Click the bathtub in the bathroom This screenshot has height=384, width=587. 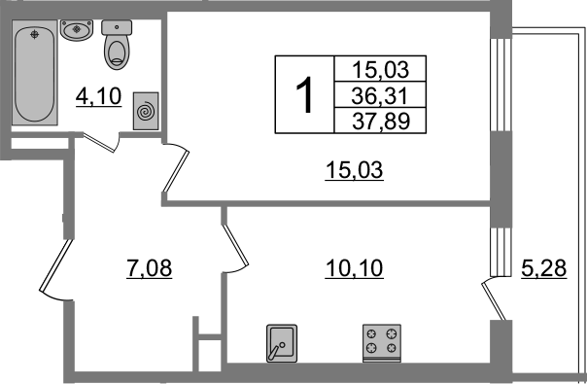(x=34, y=72)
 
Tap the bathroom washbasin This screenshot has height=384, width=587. (x=77, y=30)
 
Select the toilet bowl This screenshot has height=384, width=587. (x=117, y=45)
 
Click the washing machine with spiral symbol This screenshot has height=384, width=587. (x=146, y=111)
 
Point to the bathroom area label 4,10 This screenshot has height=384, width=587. (x=98, y=96)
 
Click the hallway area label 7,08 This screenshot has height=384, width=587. (x=150, y=268)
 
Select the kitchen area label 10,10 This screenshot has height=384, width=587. (x=354, y=268)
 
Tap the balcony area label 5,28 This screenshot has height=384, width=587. (x=543, y=268)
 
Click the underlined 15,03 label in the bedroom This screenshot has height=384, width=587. (x=354, y=170)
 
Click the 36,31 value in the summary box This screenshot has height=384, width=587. (x=379, y=96)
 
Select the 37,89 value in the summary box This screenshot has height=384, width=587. (x=381, y=121)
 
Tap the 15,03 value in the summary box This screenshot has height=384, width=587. (x=381, y=70)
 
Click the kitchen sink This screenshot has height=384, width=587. (x=282, y=343)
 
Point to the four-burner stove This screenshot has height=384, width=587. (x=382, y=343)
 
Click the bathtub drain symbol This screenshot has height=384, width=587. (x=35, y=35)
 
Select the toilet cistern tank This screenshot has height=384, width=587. (x=117, y=27)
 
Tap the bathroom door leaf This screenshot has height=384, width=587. (x=98, y=143)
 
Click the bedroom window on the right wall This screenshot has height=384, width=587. (x=501, y=85)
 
